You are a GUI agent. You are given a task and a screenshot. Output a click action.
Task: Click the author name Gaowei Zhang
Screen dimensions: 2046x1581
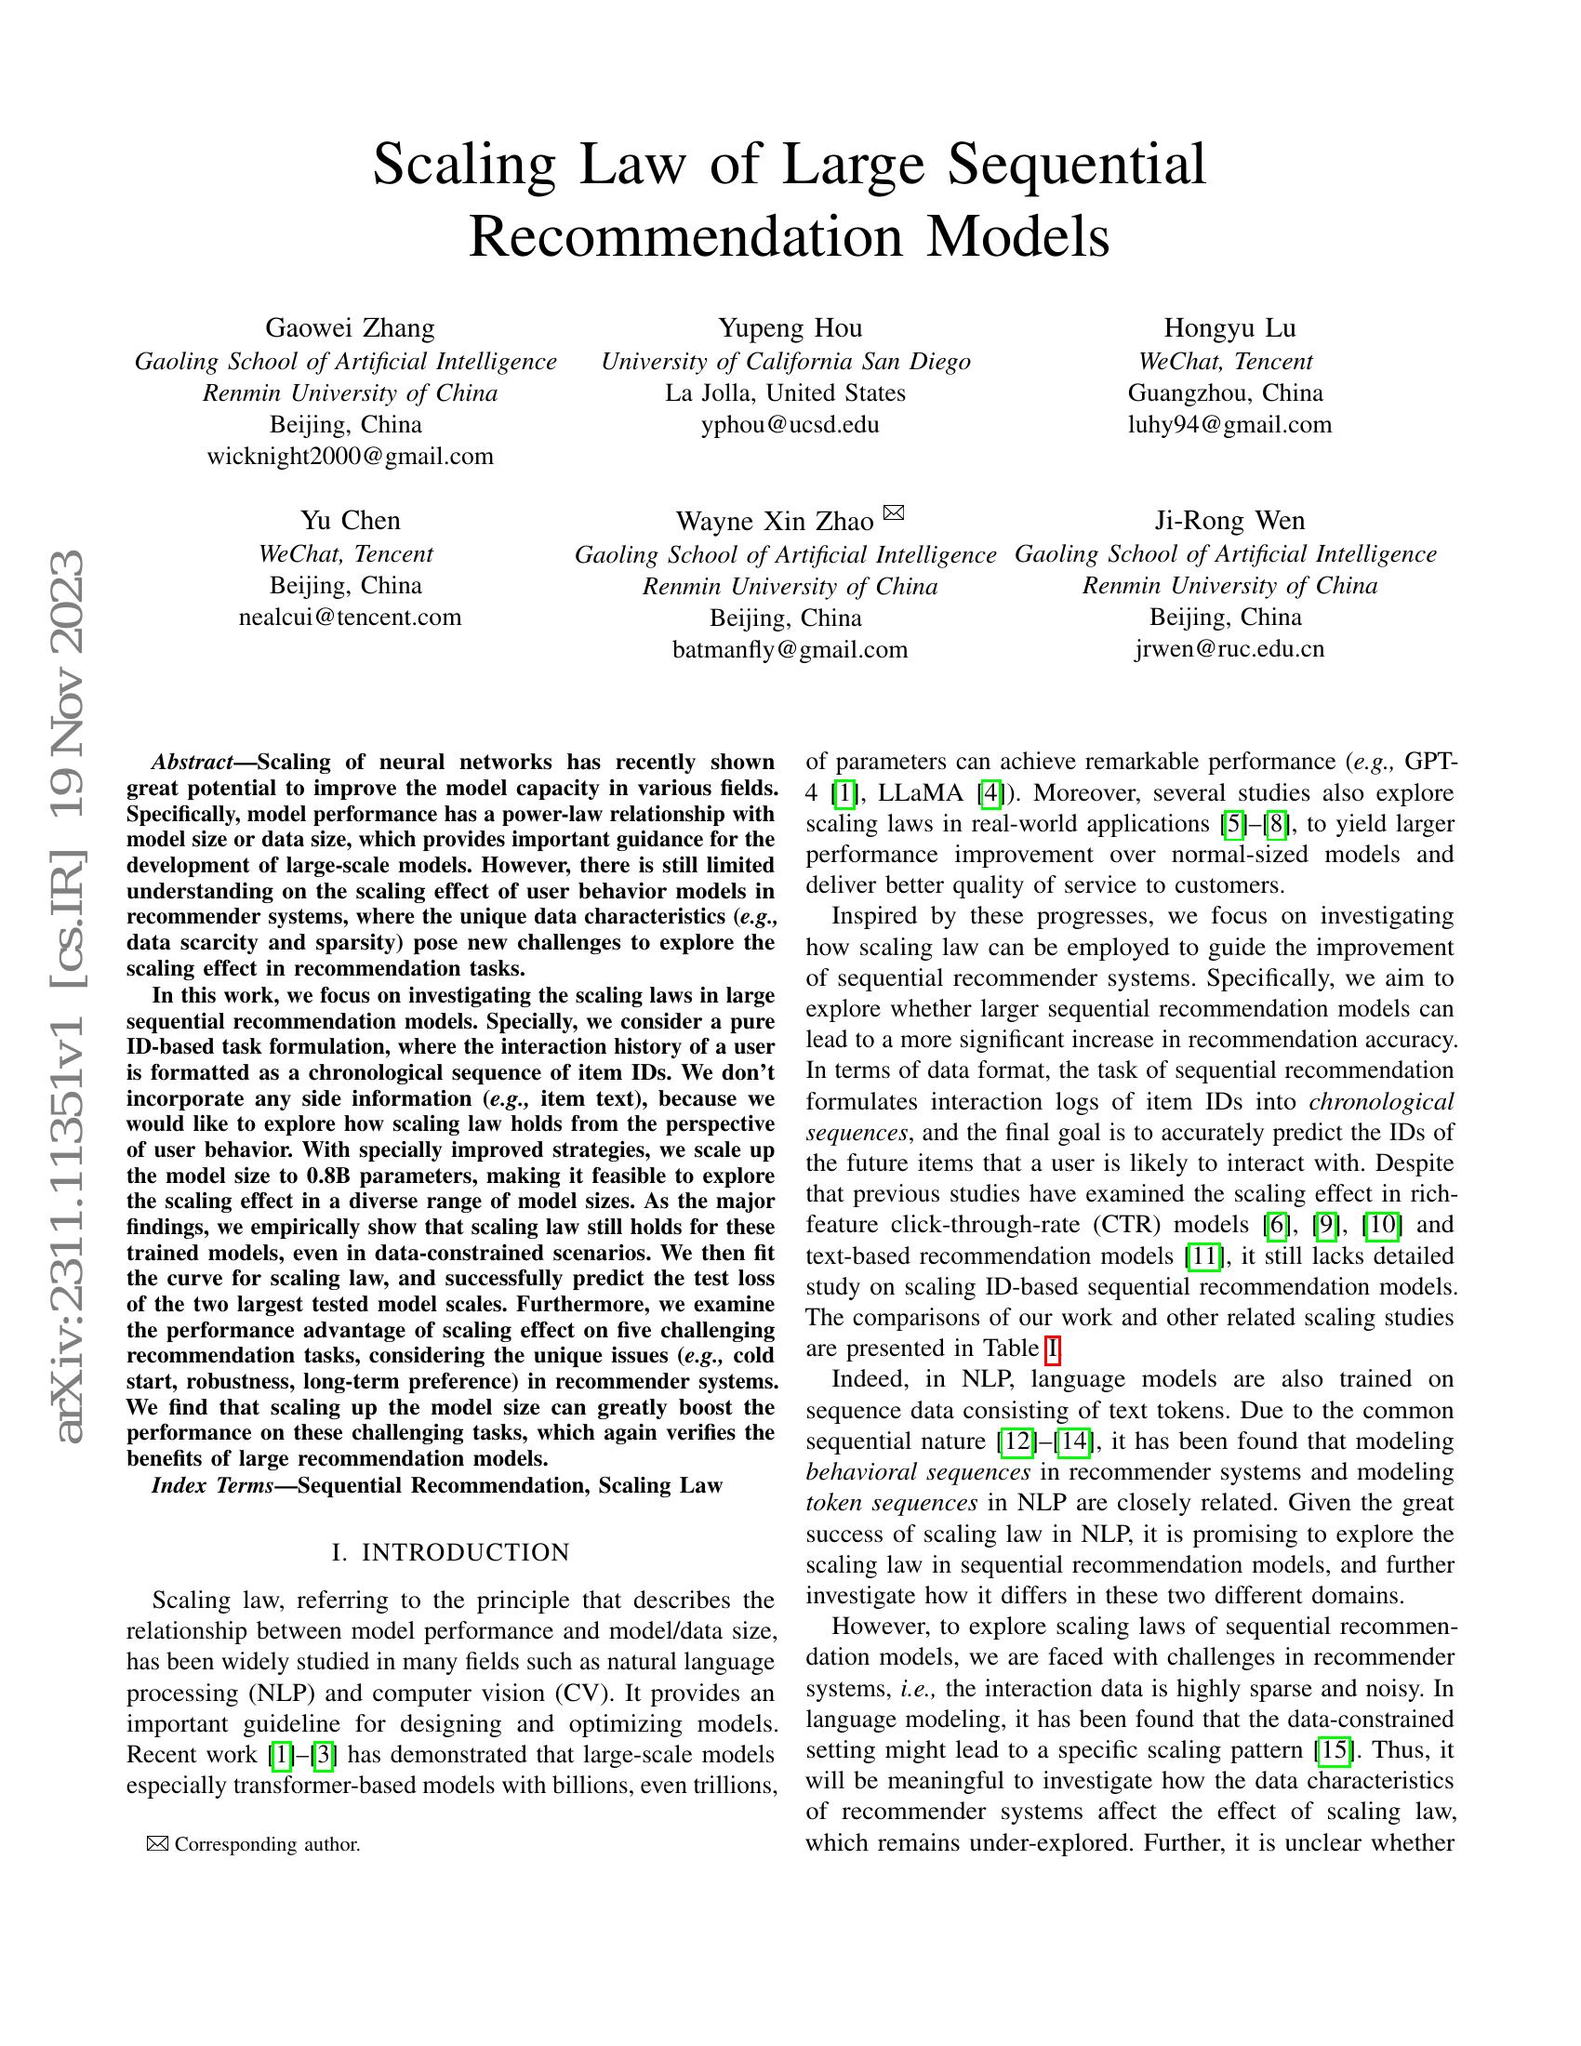pos(350,328)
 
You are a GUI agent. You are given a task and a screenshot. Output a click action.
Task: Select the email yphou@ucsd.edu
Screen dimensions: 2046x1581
pos(790,424)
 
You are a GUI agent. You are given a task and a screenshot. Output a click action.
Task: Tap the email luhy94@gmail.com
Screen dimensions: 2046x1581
pos(1229,424)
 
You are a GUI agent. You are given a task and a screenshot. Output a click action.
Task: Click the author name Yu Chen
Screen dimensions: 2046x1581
pos(350,521)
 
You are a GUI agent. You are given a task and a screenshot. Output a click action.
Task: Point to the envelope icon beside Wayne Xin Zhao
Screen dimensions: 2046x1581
pos(894,512)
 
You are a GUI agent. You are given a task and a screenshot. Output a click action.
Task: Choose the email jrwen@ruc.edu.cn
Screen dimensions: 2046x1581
pos(1229,649)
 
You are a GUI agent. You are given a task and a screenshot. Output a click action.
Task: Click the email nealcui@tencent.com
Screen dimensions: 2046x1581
pos(350,618)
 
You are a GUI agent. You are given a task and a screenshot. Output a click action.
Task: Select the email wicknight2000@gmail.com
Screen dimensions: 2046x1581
pos(350,457)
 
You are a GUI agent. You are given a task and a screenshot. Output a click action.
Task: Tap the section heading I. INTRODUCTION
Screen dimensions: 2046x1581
pos(450,1553)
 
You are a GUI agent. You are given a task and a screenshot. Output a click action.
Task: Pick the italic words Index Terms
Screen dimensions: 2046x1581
pos(212,1486)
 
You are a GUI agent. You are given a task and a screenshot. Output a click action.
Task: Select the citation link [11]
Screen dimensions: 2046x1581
pos(1203,1255)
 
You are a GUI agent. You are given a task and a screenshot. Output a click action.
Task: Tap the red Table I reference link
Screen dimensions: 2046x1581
pos(1053,1349)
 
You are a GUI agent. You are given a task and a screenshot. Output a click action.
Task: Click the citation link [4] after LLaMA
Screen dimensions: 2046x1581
pos(988,793)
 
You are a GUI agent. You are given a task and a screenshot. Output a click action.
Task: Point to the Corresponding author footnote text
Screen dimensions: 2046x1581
pos(267,1844)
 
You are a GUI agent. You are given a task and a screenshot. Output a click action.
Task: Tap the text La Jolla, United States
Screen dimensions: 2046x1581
pos(785,392)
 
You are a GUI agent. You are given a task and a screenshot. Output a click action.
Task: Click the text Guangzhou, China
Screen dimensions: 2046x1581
pos(1225,392)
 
